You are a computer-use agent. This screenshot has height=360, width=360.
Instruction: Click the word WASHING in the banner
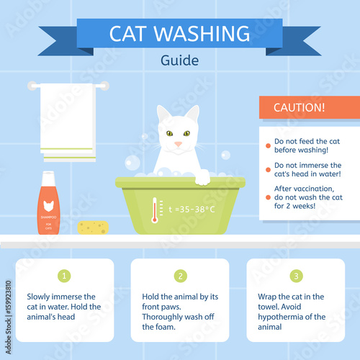(x=202, y=34)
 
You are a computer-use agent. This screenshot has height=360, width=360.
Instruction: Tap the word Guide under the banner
(x=179, y=60)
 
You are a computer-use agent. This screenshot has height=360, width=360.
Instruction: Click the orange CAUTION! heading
(x=300, y=107)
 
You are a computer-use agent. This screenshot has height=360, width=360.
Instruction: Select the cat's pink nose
(x=178, y=144)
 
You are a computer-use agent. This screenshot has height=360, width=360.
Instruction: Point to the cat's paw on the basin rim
(x=202, y=178)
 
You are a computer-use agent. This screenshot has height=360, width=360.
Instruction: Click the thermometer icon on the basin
(x=155, y=210)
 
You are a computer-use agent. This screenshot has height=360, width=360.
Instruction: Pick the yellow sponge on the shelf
(x=93, y=228)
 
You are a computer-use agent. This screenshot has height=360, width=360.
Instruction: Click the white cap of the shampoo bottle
(x=48, y=179)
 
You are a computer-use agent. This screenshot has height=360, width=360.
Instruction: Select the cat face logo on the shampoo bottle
(x=48, y=206)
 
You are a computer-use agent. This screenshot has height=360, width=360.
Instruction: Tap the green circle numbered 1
(x=64, y=276)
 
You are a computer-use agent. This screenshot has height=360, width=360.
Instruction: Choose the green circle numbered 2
(x=181, y=276)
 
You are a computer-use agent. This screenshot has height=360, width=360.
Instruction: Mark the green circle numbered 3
(x=297, y=276)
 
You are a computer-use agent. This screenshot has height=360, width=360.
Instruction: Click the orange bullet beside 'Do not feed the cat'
(x=268, y=145)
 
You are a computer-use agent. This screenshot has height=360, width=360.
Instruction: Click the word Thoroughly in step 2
(x=162, y=318)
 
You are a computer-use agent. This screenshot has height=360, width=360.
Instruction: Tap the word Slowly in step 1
(x=38, y=297)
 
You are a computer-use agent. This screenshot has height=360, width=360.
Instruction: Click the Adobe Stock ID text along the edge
(x=9, y=318)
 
